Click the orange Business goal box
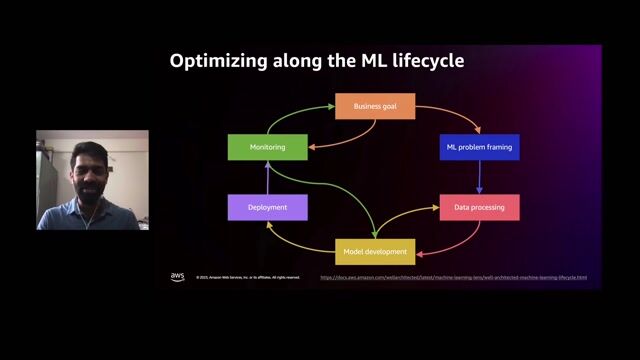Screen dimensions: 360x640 point(374,106)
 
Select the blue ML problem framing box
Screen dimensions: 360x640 point(479,147)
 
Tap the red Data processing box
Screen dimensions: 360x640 point(479,208)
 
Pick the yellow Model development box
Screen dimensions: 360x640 point(374,251)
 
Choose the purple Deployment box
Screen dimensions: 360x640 point(267,208)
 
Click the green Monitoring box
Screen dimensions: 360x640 point(267,147)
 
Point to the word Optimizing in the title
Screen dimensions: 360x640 point(217,61)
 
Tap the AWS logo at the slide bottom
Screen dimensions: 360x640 point(177,277)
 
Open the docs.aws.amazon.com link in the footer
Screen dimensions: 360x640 point(453,278)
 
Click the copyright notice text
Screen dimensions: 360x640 point(247,278)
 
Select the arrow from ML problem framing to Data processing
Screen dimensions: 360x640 point(480,177)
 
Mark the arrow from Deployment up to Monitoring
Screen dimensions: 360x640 point(267,177)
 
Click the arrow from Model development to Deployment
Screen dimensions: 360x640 point(290,238)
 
